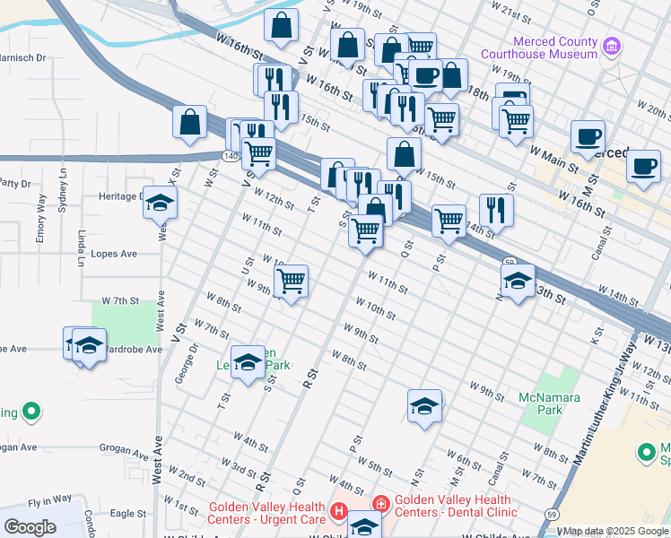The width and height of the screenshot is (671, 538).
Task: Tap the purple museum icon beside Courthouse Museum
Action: [x=612, y=45]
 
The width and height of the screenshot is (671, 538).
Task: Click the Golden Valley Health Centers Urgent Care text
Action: [x=266, y=513]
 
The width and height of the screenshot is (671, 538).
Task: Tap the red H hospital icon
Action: [x=339, y=513]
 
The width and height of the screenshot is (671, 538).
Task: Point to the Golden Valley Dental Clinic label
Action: [x=456, y=507]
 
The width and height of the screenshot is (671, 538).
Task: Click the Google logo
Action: [x=30, y=527]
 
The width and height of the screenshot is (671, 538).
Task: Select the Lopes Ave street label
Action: [x=114, y=255]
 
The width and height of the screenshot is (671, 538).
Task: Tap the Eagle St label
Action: [x=128, y=514]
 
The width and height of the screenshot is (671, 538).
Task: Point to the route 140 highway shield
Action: [x=228, y=155]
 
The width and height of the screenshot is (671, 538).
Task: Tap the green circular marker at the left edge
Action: [x=32, y=412]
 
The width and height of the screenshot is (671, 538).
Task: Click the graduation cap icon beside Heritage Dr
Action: [x=160, y=204]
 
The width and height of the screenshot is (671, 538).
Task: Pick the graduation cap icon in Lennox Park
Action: [x=248, y=362]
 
